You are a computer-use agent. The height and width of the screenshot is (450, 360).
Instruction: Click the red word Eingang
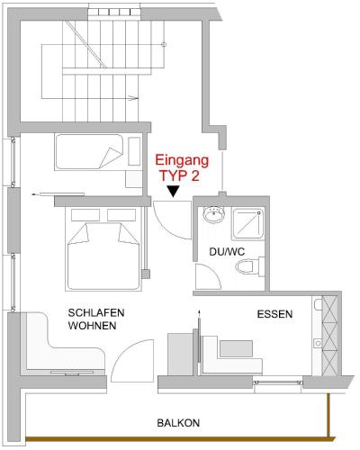[182, 161]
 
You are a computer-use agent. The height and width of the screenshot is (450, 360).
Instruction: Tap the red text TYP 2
[179, 175]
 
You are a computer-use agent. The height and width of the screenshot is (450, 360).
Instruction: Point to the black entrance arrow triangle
[173, 192]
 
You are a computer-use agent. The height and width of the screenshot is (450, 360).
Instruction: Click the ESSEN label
[274, 314]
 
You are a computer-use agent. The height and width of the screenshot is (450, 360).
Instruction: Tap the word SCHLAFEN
[96, 313]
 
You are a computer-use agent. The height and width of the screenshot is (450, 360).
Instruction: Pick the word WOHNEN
[92, 326]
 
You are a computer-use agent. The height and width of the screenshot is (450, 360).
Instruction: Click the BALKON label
[178, 423]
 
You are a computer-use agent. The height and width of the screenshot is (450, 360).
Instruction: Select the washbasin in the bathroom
[214, 214]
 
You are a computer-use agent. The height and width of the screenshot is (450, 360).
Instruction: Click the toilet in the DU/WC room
[250, 266]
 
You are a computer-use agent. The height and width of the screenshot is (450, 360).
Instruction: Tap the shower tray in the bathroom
[247, 224]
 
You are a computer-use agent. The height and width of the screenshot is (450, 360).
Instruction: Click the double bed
[103, 249]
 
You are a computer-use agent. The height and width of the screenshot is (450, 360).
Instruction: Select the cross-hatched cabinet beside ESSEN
[330, 336]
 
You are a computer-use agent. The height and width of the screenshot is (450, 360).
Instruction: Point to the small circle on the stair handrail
[164, 45]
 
